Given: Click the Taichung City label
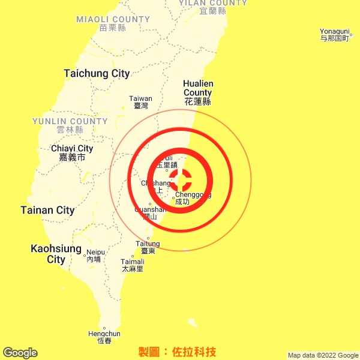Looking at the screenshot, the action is pyautogui.click(x=97, y=74).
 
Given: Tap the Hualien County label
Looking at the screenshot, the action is pyautogui.click(x=198, y=92).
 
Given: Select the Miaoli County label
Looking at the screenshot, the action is pyautogui.click(x=113, y=23).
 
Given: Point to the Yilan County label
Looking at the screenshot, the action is pyautogui.click(x=213, y=7).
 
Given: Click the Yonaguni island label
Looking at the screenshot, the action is pyautogui.click(x=334, y=35).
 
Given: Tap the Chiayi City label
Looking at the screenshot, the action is pyautogui.click(x=72, y=153).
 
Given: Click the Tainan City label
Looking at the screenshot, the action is pyautogui.click(x=47, y=211).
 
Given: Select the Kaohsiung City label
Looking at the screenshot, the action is pyautogui.click(x=56, y=254).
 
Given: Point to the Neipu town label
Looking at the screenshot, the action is pyautogui.click(x=94, y=256).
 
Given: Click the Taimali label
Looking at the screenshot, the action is pyautogui.click(x=133, y=265).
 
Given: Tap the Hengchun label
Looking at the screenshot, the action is pyautogui.click(x=104, y=337).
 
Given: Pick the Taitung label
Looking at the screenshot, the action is pyautogui.click(x=148, y=247).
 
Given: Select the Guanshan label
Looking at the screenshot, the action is pyautogui.click(x=150, y=213).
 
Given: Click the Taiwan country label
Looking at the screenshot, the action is pyautogui.click(x=141, y=102).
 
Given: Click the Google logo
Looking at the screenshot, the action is pyautogui.click(x=20, y=353).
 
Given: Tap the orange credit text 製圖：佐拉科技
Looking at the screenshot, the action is pyautogui.click(x=177, y=352).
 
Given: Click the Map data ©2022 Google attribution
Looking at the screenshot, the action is pyautogui.click(x=322, y=355).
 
